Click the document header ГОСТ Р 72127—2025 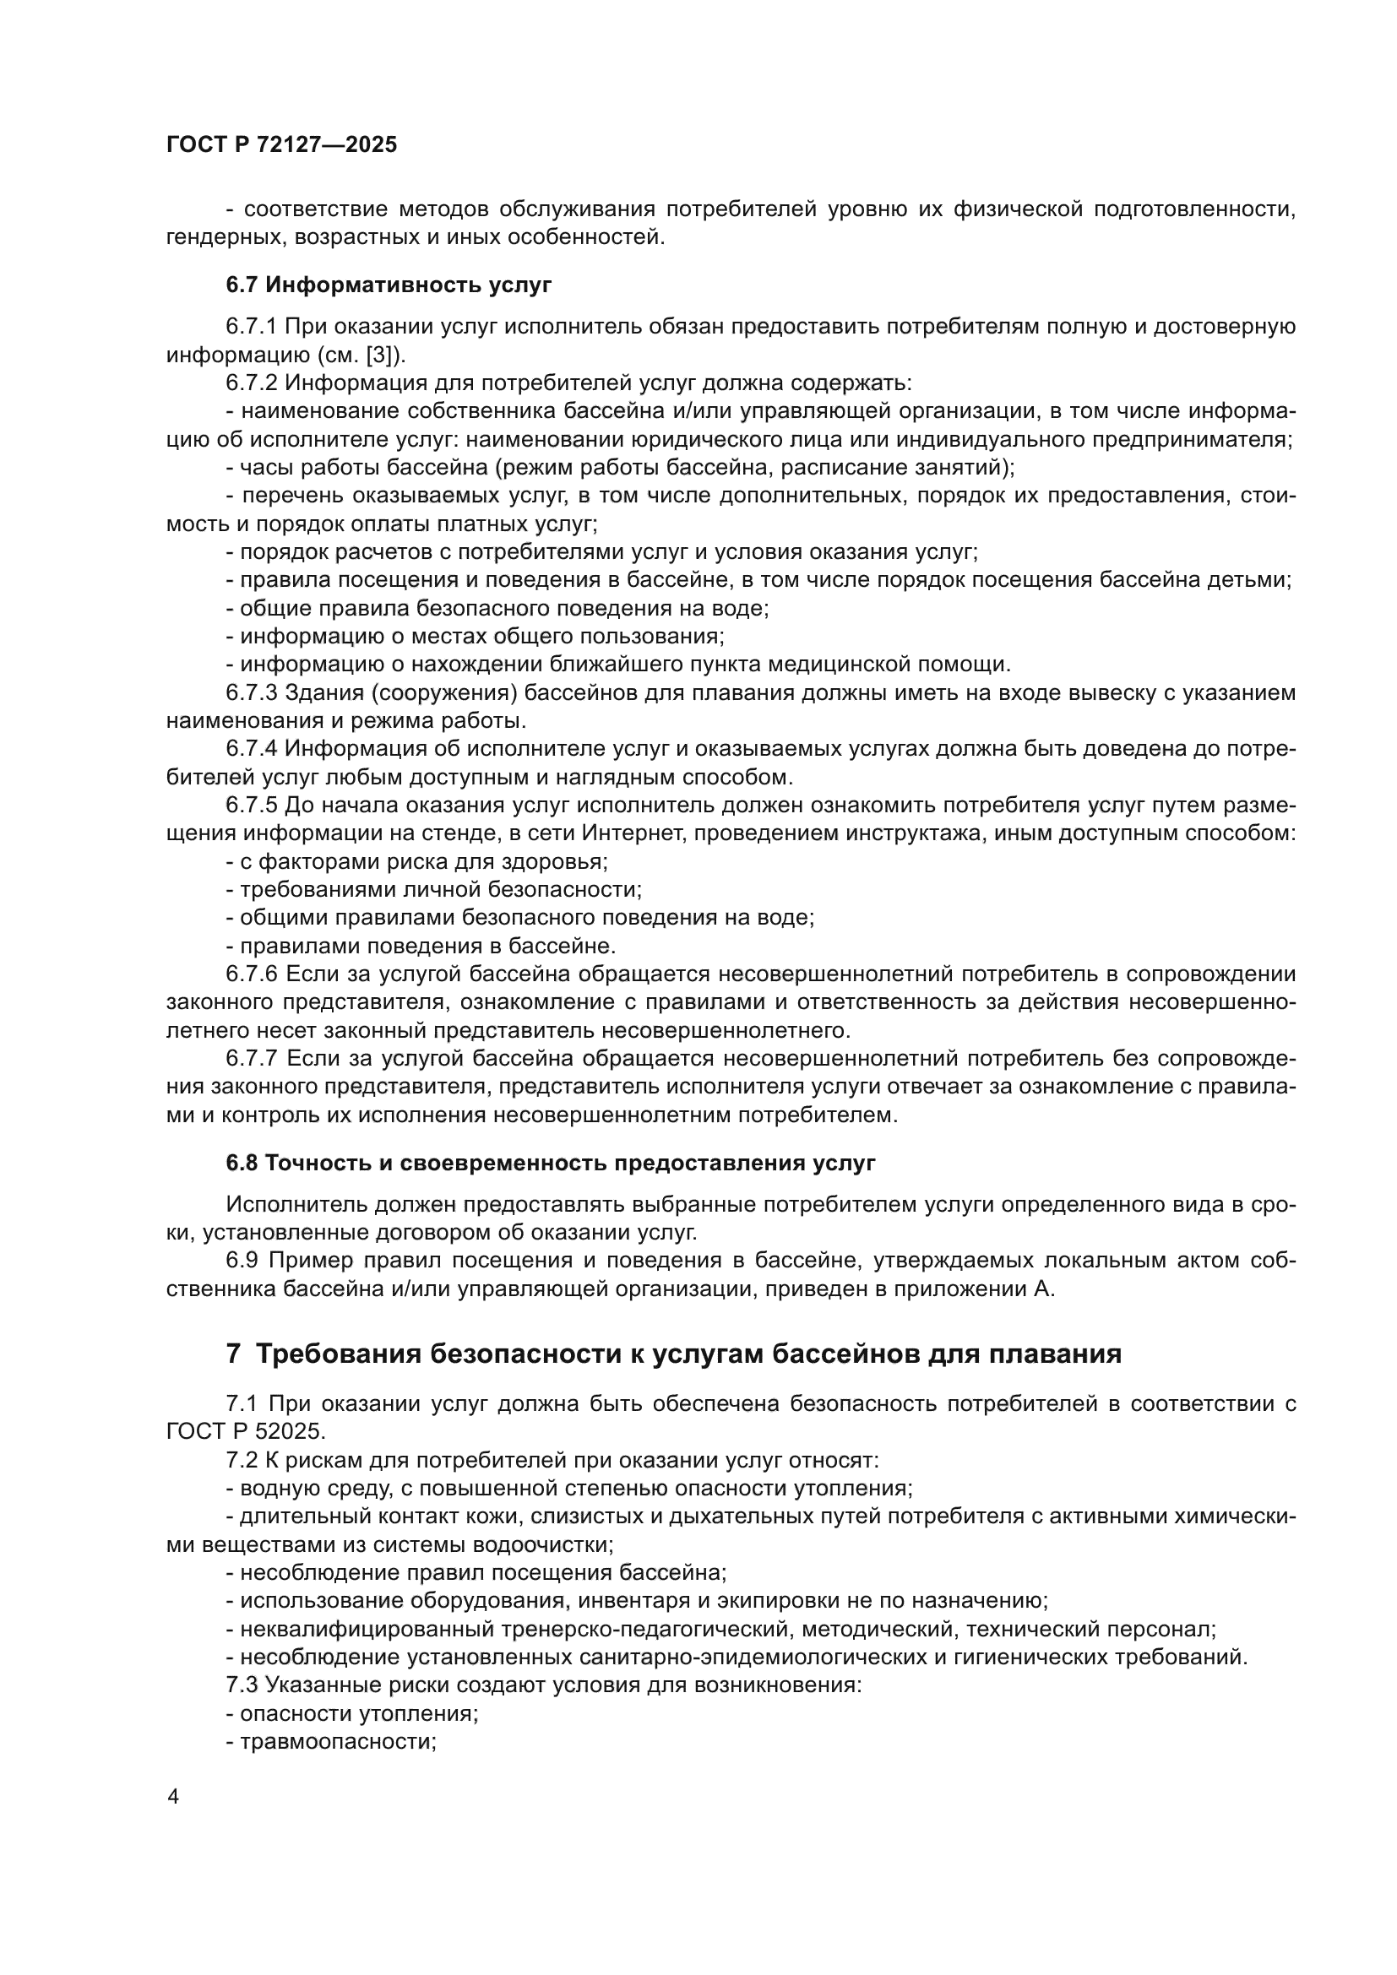281,145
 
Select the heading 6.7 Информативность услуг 389,285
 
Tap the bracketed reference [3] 380,355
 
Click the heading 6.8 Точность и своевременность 551,1164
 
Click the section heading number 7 233,1354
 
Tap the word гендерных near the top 223,237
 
